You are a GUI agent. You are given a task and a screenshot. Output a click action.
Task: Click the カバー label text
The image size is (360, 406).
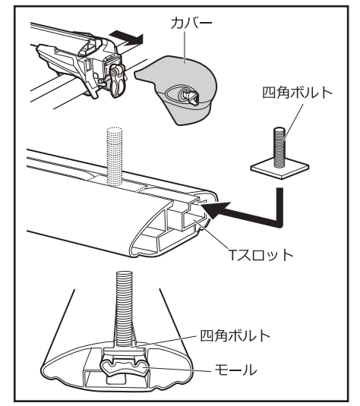(x=191, y=23)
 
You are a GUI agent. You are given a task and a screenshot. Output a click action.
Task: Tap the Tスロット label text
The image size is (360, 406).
(x=261, y=255)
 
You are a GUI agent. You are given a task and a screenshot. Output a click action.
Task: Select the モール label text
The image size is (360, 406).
(x=235, y=370)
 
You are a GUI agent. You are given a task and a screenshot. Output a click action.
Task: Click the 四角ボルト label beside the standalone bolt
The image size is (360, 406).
(x=297, y=93)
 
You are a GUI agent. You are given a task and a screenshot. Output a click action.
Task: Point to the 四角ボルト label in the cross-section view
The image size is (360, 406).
(x=235, y=335)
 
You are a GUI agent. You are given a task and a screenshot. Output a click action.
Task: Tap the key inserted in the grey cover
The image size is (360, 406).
(x=189, y=97)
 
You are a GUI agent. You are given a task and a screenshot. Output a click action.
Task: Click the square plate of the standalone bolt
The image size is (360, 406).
(x=279, y=168)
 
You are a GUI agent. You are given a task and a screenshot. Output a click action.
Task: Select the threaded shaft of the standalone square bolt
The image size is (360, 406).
(x=279, y=146)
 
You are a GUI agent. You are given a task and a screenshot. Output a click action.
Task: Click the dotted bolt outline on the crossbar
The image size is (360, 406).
(x=114, y=156)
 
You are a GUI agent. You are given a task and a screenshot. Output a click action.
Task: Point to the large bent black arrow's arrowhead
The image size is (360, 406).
(x=216, y=209)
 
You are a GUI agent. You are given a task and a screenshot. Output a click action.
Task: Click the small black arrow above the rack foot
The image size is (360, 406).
(x=126, y=38)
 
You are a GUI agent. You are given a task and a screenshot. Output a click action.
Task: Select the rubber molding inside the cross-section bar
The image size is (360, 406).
(x=123, y=365)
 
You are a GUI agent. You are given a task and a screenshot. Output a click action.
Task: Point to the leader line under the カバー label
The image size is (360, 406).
(x=185, y=47)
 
